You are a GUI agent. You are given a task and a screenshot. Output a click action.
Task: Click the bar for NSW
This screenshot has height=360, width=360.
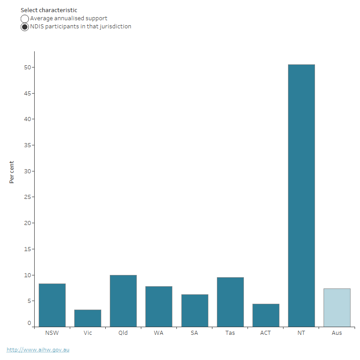point(52,305)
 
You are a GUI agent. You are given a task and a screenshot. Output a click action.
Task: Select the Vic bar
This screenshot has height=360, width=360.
point(88,318)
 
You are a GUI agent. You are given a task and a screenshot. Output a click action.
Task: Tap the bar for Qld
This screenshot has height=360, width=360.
point(123,301)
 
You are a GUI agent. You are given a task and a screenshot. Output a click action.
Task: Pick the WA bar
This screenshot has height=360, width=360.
point(159,306)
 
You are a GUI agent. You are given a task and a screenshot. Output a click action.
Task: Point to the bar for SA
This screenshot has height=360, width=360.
point(195,310)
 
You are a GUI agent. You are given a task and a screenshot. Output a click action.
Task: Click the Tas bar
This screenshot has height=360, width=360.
point(230,302)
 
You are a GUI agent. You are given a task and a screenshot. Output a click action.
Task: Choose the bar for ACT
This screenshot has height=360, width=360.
point(266,315)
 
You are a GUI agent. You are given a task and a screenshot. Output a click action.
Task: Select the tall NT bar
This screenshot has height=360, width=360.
point(301,196)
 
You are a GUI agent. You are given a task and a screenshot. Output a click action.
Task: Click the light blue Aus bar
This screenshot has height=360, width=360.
point(337,307)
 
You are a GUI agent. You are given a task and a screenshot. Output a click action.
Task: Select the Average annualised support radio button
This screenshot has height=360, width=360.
point(25,19)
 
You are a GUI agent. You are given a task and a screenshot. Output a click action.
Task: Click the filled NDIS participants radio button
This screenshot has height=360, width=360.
point(25,27)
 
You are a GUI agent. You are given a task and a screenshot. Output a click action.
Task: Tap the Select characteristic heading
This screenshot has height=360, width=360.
point(49,10)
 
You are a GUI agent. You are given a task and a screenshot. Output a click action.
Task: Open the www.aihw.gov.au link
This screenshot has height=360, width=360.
point(38,350)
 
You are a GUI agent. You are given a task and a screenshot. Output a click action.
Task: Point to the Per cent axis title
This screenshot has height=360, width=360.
point(12,172)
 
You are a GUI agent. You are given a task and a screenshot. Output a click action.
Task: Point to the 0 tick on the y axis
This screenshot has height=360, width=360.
point(29,323)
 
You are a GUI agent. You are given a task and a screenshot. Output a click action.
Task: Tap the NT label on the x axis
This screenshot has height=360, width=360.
point(301,333)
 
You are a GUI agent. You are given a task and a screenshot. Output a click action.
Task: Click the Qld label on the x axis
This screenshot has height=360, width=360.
point(123,333)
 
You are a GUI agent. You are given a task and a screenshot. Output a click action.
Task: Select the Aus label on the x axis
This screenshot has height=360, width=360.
point(337,333)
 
